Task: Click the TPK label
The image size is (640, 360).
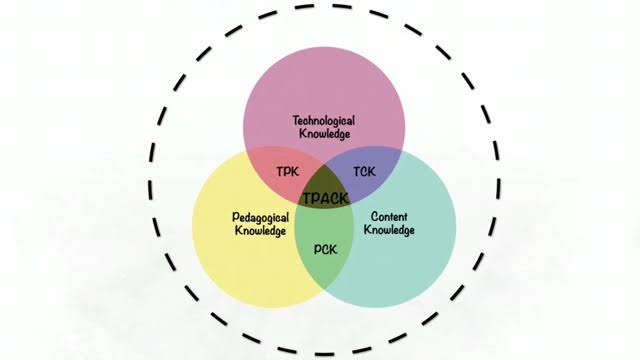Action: pyautogui.click(x=288, y=173)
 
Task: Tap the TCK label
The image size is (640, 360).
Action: pyautogui.click(x=365, y=172)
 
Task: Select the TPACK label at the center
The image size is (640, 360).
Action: pyautogui.click(x=325, y=198)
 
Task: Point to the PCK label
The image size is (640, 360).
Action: pyautogui.click(x=326, y=249)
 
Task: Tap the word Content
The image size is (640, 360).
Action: pyautogui.click(x=388, y=215)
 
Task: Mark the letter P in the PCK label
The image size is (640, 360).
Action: pyautogui.click(x=317, y=249)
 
